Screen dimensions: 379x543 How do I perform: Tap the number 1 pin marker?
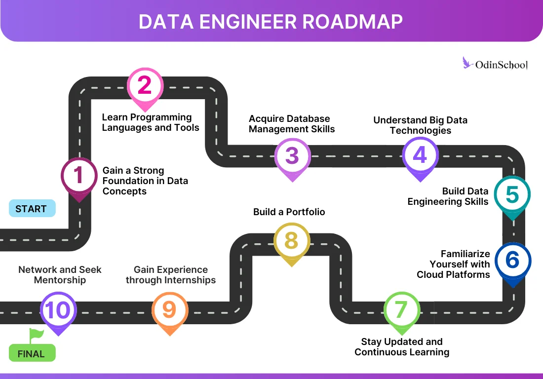point(79,177)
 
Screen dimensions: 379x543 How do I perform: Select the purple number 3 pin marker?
point(292,156)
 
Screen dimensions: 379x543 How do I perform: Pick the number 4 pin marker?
point(420,155)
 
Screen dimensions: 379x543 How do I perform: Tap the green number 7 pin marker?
point(401,310)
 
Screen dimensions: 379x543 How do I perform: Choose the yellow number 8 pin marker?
point(291,241)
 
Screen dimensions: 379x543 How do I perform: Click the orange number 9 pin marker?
point(169,310)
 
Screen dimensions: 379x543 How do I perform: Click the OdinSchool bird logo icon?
point(467,63)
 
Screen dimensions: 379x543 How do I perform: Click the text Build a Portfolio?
point(289,212)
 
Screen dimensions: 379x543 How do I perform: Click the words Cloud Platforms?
point(453,274)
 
